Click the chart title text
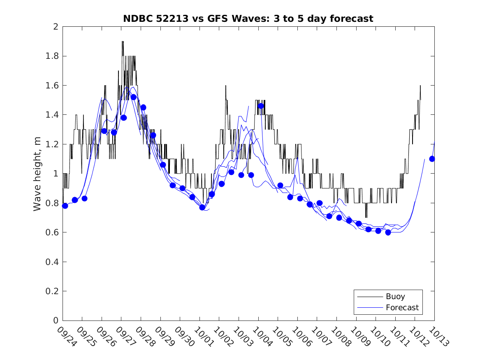point(248,19)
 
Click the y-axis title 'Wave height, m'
point(37,174)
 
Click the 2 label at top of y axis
point(56,27)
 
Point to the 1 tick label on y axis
point(56,174)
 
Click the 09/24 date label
point(67,337)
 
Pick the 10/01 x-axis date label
point(204,337)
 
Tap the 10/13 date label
point(438,337)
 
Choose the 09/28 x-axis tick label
point(145,337)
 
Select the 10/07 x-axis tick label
point(321,337)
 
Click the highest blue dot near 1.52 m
point(133,97)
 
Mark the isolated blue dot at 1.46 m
point(260,106)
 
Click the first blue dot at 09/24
point(65,206)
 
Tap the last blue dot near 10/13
point(432,159)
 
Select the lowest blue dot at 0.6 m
point(388,232)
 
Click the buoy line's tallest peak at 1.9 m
point(123,42)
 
